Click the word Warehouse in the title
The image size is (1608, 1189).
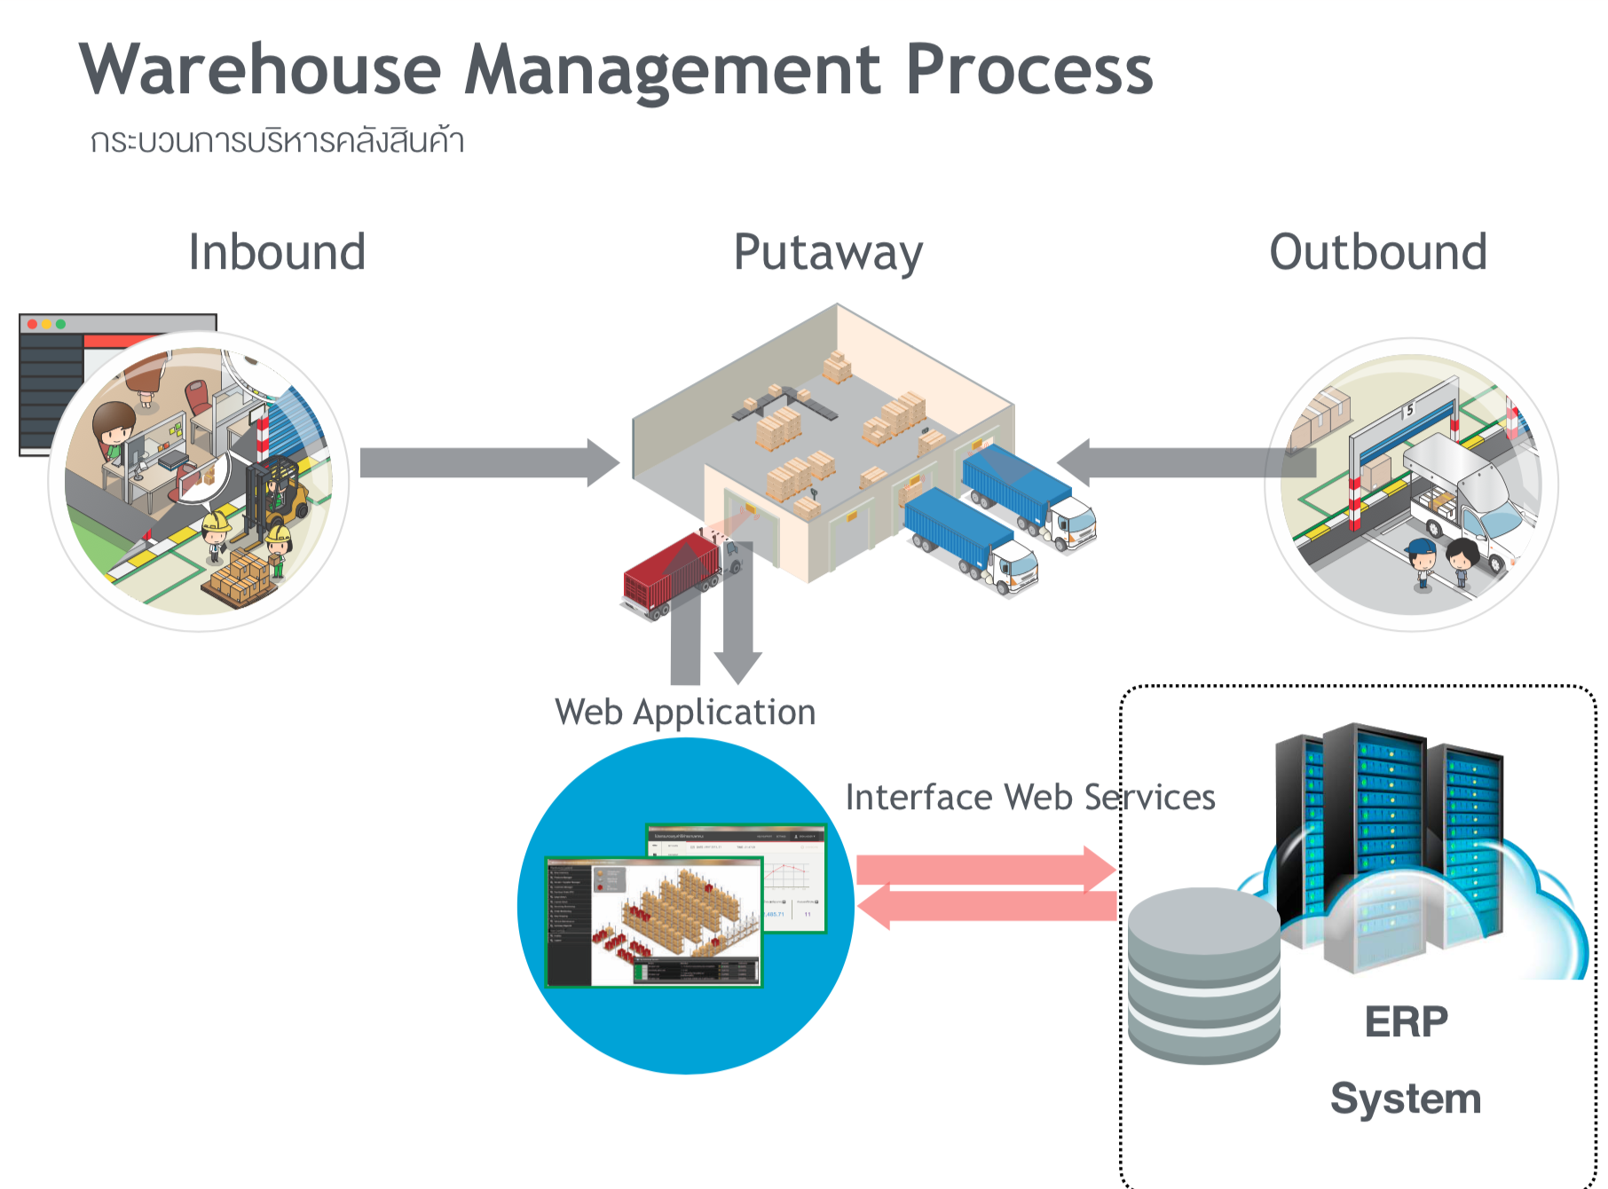(260, 70)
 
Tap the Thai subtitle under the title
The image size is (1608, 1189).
(277, 141)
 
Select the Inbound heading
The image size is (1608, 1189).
(277, 252)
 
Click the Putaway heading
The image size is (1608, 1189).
(828, 253)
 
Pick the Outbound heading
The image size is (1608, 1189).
(1378, 252)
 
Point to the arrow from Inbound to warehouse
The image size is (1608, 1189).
(488, 462)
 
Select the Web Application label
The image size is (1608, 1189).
(685, 713)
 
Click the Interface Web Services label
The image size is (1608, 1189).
(1029, 797)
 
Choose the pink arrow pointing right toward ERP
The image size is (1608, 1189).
(985, 869)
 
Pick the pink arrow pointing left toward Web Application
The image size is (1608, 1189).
(985, 907)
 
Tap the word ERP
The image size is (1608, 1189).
(1406, 1022)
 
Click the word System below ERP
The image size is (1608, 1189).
(1406, 1098)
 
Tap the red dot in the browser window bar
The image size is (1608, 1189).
(32, 324)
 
